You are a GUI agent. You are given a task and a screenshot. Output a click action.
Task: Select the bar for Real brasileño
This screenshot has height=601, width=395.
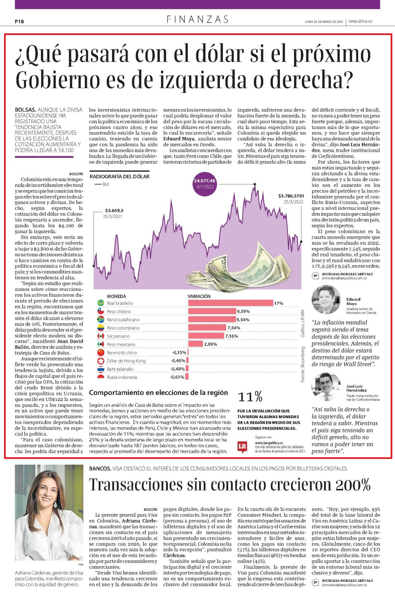[x=230, y=303]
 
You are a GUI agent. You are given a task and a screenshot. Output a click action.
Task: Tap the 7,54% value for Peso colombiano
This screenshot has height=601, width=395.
[x=234, y=328]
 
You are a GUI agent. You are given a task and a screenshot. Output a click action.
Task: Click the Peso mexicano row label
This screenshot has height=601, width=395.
[x=121, y=344]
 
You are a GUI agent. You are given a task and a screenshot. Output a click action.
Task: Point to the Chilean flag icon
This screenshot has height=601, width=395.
[x=100, y=311]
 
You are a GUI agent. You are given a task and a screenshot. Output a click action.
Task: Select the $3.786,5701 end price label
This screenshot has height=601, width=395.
[x=291, y=196]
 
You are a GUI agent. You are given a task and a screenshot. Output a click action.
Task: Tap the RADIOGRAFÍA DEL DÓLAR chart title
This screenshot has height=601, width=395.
[x=119, y=176]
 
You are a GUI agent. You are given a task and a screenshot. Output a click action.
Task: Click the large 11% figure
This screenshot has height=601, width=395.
[x=250, y=397]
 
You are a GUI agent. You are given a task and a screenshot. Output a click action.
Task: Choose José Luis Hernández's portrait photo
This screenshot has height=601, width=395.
[x=326, y=386]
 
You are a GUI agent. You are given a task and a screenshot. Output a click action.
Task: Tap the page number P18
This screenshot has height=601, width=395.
[x=20, y=22]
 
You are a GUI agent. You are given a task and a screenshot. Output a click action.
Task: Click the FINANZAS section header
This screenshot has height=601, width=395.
[x=197, y=20]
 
